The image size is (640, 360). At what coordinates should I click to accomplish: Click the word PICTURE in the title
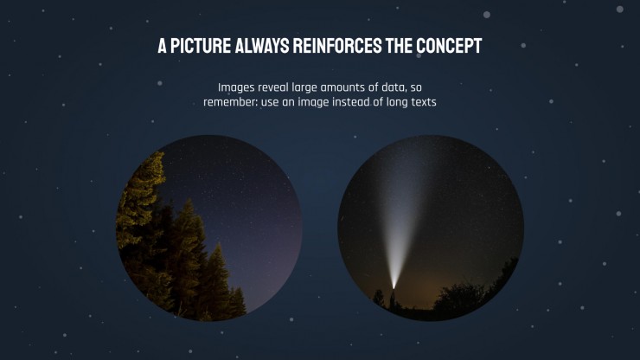point(201,46)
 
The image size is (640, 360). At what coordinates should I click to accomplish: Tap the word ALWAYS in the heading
point(262,46)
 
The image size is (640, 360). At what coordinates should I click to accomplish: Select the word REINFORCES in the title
point(337,46)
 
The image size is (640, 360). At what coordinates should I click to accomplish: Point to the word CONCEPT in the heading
point(449,46)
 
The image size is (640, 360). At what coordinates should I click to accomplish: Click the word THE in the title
point(399,46)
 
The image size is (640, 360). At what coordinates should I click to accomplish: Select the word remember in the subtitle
point(231,102)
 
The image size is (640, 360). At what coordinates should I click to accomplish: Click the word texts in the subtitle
point(423,102)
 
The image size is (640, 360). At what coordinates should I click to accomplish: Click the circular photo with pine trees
point(209,228)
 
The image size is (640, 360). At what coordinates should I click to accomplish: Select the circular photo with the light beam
point(431,228)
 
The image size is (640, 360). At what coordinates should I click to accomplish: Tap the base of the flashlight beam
point(394,286)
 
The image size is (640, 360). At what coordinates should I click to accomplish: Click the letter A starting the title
point(162,46)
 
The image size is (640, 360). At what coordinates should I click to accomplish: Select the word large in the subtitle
point(304,88)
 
